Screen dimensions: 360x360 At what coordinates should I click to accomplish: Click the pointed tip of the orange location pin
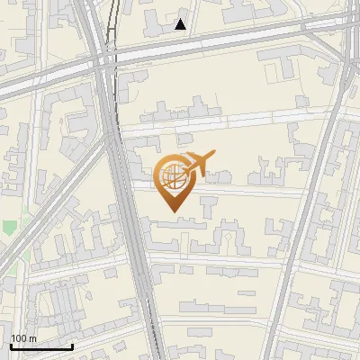point(173,211)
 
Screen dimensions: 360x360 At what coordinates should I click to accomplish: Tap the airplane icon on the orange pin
point(197,164)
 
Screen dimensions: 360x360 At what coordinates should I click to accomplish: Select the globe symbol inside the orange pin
point(171,175)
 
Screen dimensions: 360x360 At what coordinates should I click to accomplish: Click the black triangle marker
point(181,24)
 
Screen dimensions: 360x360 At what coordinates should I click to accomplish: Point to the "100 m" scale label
point(23,338)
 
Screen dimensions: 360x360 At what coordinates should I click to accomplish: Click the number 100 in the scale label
point(19,338)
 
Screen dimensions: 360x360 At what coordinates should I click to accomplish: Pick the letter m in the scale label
point(31,338)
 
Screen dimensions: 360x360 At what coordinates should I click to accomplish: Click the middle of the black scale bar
point(41,346)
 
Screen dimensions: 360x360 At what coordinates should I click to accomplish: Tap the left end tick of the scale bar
point(11,345)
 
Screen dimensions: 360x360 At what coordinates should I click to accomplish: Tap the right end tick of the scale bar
point(72,345)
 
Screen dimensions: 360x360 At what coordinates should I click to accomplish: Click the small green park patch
point(9,227)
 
